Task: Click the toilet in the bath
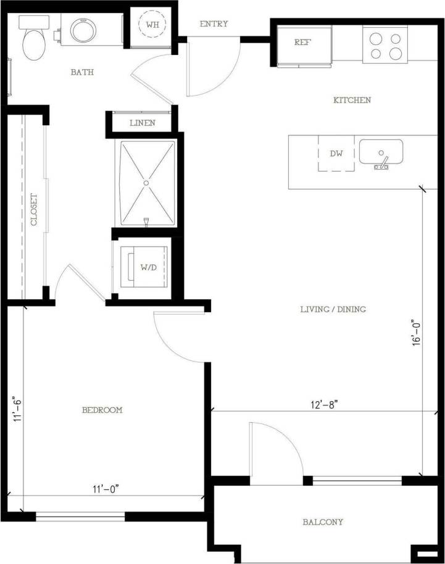33,41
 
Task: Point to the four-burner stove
386,44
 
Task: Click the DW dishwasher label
336,154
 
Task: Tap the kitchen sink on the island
381,153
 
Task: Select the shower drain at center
146,183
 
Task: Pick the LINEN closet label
142,123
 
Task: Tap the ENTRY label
214,24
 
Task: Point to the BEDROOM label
102,410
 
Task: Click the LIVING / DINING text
330,309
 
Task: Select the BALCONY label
323,522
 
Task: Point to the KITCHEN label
352,100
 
